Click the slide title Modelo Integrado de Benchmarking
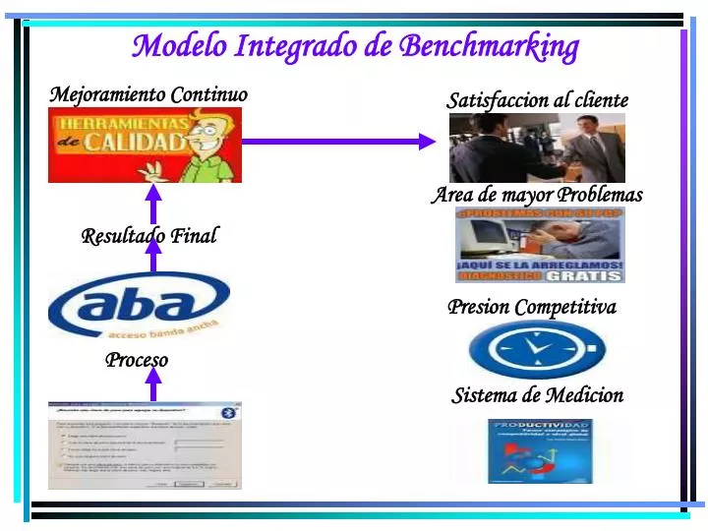[355, 46]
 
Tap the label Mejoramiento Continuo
[148, 94]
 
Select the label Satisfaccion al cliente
[537, 100]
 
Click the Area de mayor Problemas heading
[537, 195]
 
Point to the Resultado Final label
[148, 236]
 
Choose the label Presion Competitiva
[532, 307]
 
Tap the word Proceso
[137, 360]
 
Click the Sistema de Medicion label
[537, 395]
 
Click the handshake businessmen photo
[537, 147]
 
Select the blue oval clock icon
[537, 348]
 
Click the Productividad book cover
[540, 451]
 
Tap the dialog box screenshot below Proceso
[145, 445]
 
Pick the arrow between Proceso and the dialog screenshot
[153, 383]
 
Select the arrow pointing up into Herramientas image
[153, 200]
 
